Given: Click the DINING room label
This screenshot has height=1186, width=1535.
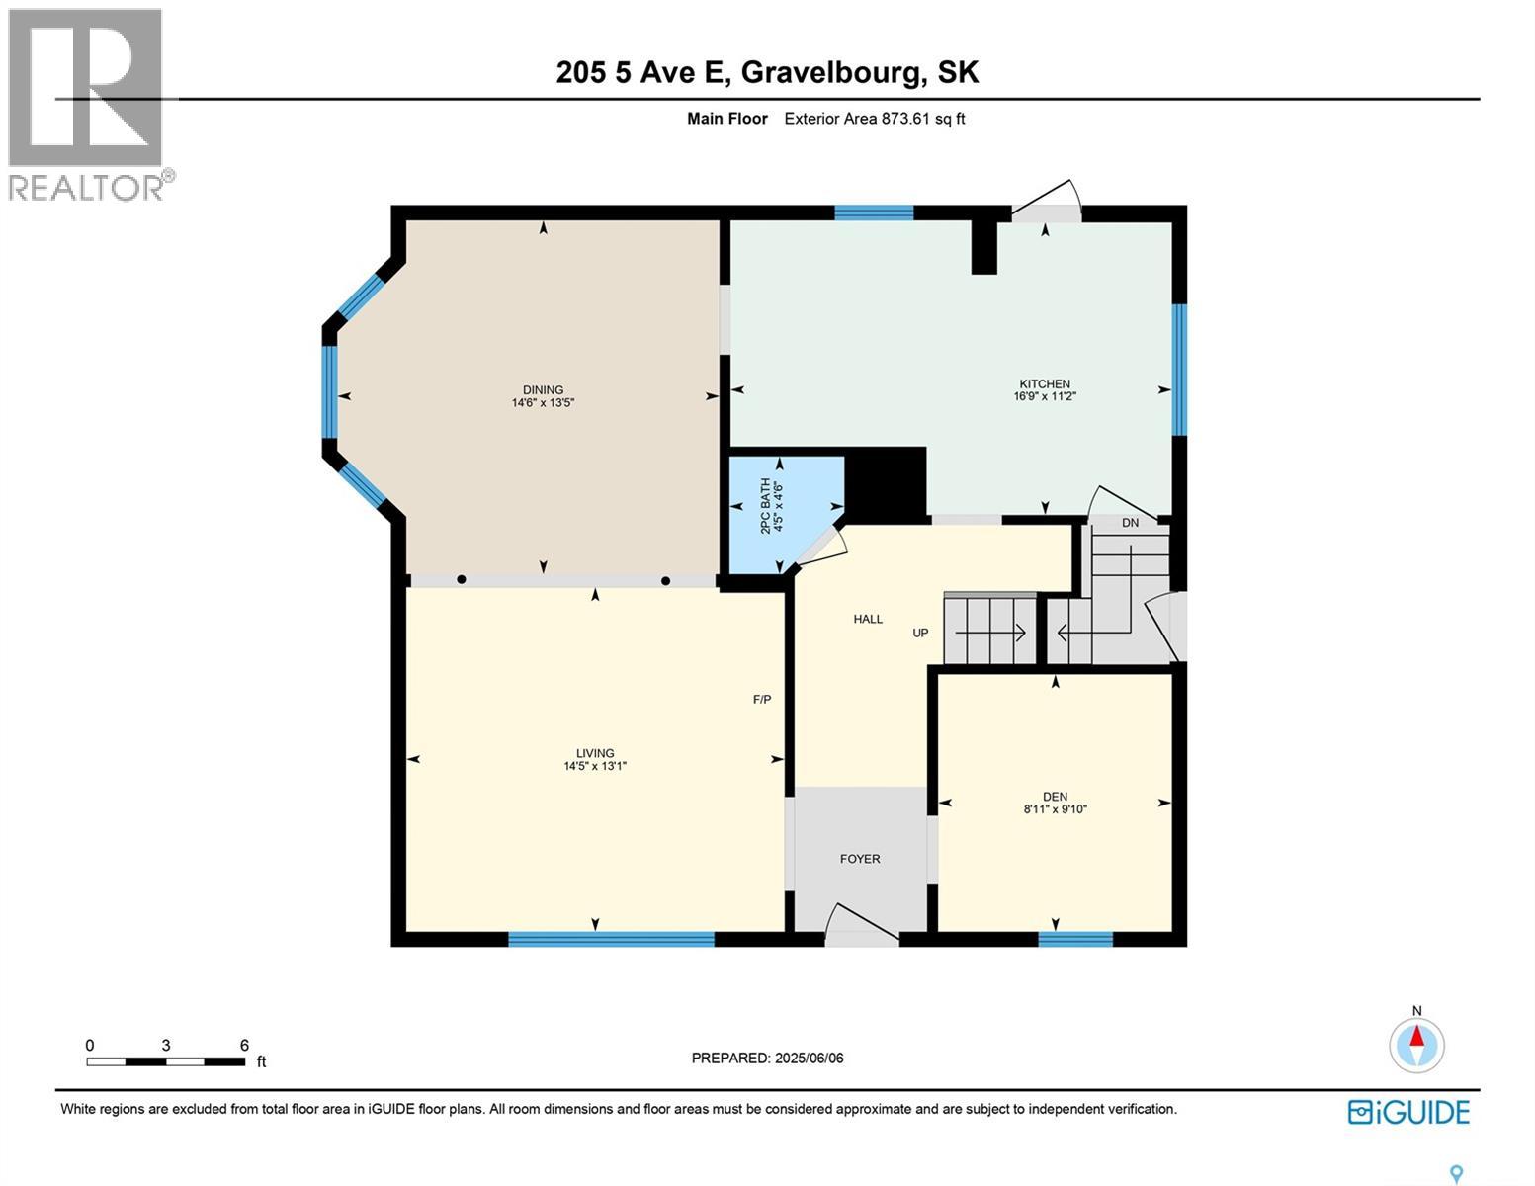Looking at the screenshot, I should tap(543, 389).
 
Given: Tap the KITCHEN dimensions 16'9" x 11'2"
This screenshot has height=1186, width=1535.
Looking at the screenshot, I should tap(1044, 396).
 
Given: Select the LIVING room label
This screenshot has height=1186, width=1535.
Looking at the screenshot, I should tap(595, 753).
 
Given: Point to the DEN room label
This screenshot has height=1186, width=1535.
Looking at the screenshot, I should tap(1055, 797).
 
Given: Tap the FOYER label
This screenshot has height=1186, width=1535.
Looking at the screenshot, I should tap(860, 859).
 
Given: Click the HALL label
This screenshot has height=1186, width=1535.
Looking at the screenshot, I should tap(868, 619).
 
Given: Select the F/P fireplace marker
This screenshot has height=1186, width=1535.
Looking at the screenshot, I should tap(762, 700).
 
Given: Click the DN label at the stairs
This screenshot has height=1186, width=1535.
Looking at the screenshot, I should tap(1130, 523).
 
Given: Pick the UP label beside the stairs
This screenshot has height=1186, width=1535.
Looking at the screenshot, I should tap(920, 633).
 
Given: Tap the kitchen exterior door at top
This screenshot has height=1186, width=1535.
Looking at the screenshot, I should tap(1046, 204).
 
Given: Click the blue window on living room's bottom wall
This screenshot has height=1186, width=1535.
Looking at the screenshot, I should tap(611, 939).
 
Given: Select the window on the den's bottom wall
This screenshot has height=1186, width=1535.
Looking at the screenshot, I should tap(1075, 939).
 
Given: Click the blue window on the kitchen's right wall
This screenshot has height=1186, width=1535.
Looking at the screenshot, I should tap(1179, 370).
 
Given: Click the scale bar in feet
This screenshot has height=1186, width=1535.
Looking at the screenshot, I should tap(166, 1061).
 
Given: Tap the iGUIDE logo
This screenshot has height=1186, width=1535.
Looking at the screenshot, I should tap(1408, 1112).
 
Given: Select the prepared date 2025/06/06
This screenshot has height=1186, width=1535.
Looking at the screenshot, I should tap(767, 1058).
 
